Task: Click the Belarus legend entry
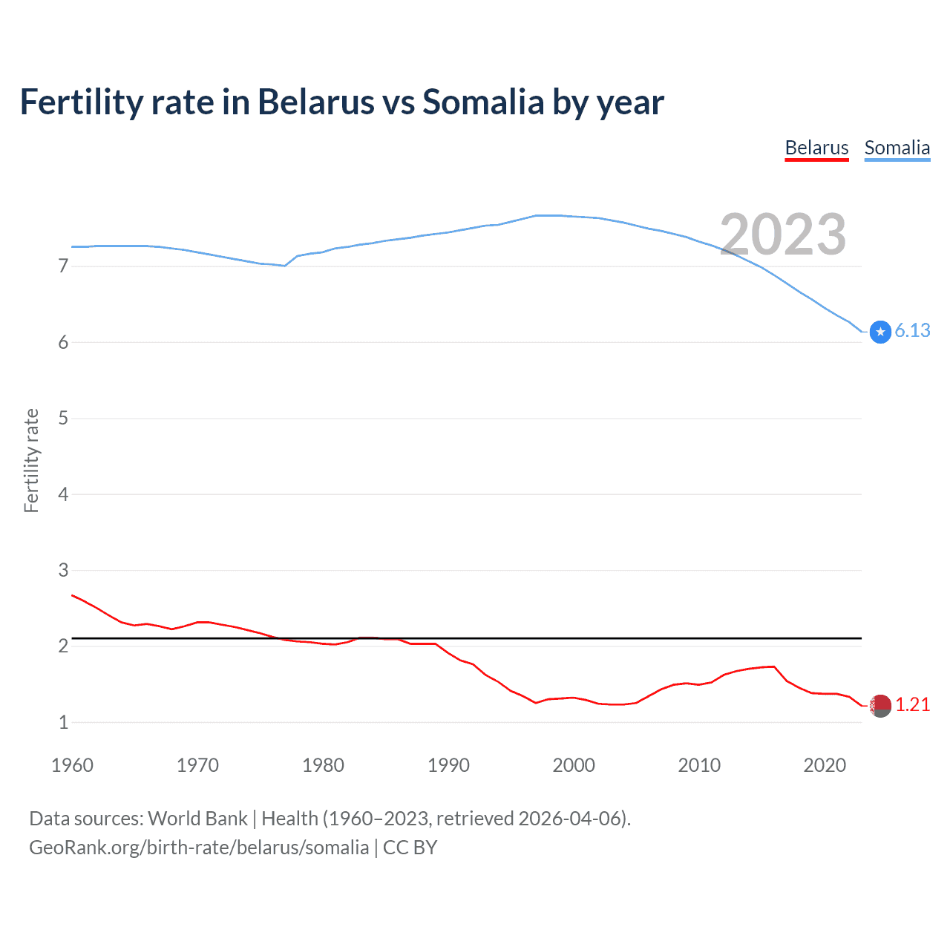pos(816,148)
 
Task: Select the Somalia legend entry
pos(897,148)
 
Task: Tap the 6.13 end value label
pos(912,330)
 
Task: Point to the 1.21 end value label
pos(912,704)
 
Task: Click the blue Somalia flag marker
pos(880,332)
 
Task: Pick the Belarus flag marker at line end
pos(880,706)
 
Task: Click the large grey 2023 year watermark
pos(783,235)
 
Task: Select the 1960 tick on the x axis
pos(72,765)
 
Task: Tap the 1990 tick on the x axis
pos(448,765)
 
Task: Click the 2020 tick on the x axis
pos(825,765)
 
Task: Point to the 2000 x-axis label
pos(574,765)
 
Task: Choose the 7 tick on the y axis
pos(63,266)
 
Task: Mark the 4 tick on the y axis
pos(63,494)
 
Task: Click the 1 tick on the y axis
pos(63,722)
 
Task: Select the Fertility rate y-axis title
pos(31,460)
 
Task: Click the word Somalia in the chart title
pos(483,102)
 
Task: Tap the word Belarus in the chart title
pos(315,102)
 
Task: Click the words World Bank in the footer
pos(197,819)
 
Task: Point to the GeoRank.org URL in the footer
pos(199,848)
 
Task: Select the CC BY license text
pos(410,848)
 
